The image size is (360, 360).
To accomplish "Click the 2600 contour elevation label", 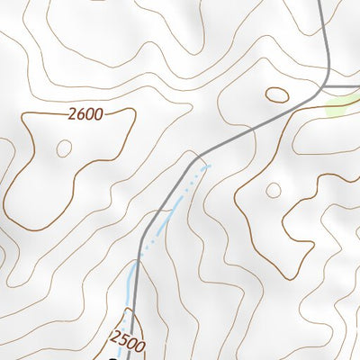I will [x=85, y=113].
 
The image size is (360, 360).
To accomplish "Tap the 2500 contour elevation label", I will [x=128, y=339].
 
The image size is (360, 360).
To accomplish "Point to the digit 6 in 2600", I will [x=80, y=113].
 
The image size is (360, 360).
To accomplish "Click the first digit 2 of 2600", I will [x=71, y=113].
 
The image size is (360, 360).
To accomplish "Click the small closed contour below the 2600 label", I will [x=63, y=148].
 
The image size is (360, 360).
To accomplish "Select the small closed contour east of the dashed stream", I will [x=274, y=190].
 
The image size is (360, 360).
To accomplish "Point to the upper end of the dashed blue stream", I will [x=208, y=166].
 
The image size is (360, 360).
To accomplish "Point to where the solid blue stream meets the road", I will [x=138, y=264].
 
